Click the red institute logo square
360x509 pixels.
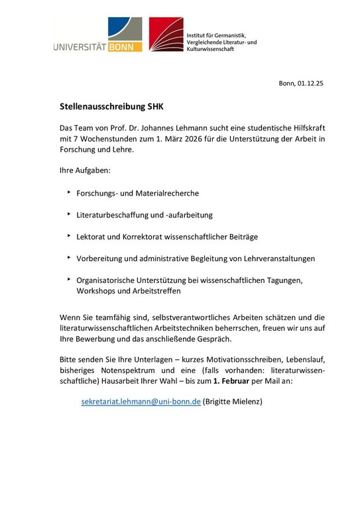pos(166,34)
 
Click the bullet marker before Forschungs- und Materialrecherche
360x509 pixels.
pos(70,192)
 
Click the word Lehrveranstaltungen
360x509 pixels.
pos(272,258)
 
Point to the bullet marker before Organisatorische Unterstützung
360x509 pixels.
pos(70,279)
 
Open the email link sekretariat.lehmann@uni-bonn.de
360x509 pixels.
pos(140,402)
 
